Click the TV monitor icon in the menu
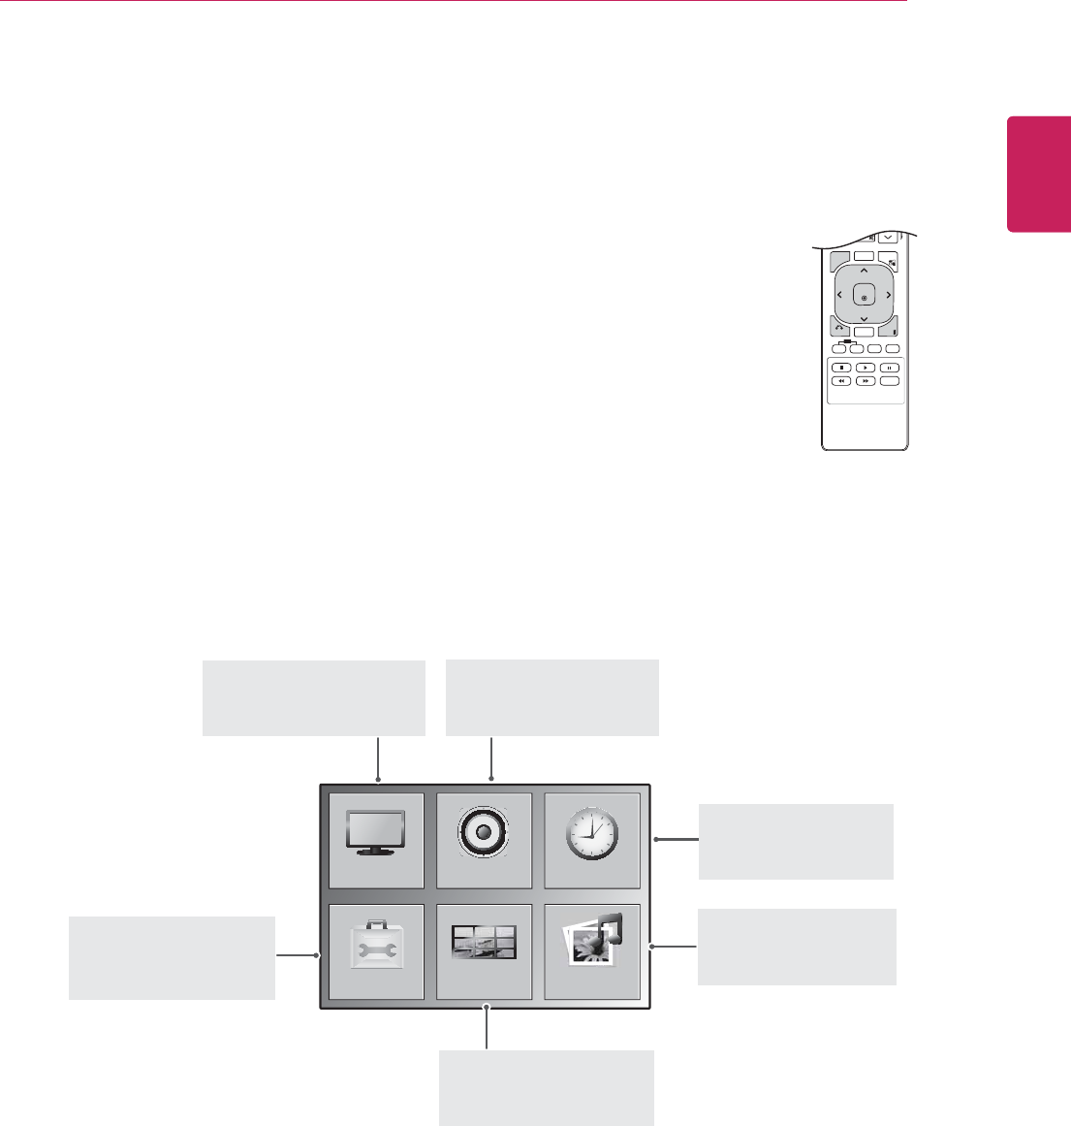point(377,839)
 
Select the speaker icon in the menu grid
point(484,839)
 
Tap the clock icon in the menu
point(592,839)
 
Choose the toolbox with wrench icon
point(377,951)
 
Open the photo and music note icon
point(592,949)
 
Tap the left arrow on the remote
point(839,295)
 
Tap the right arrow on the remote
point(888,295)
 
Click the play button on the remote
point(864,368)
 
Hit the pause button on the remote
point(889,368)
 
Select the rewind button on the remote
point(840,381)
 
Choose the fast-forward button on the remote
point(864,381)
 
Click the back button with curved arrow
point(837,328)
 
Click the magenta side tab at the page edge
point(1039,175)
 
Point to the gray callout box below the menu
point(547,1087)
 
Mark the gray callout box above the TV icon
point(313,698)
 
